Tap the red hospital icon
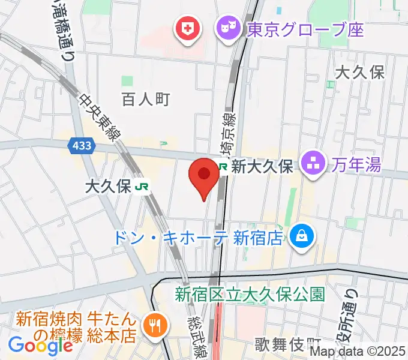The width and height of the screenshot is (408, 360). (187, 28)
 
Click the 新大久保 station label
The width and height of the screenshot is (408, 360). (262, 166)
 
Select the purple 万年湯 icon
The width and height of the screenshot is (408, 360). (314, 163)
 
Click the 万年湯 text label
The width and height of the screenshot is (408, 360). (358, 163)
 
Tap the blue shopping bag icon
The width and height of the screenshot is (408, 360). (299, 238)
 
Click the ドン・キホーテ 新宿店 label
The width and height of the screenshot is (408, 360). (198, 238)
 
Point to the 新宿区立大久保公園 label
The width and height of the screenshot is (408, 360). (250, 294)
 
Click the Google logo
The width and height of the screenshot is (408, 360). (40, 345)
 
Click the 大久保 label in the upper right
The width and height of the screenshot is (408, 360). (359, 73)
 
